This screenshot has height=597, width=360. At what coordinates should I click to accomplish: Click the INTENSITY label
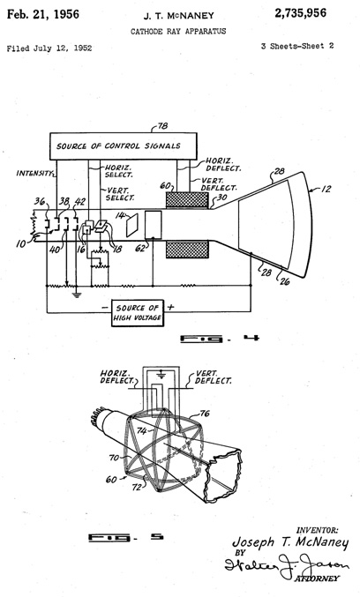[35, 173]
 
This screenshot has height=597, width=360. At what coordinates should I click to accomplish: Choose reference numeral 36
[41, 201]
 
